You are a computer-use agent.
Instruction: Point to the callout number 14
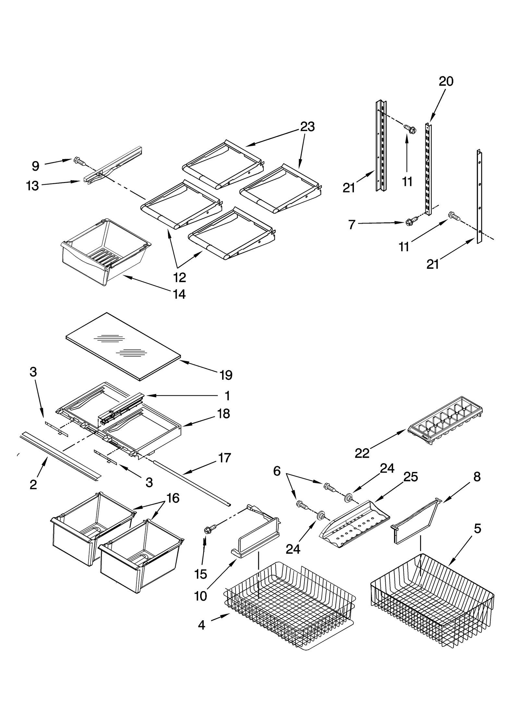(x=179, y=294)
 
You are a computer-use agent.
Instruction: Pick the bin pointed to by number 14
(x=105, y=252)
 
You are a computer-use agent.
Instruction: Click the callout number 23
(x=307, y=127)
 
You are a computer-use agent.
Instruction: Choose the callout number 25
(x=410, y=477)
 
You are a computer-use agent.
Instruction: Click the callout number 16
(x=173, y=498)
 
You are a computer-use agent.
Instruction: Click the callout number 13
(x=32, y=186)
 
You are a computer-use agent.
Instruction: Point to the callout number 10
(x=201, y=596)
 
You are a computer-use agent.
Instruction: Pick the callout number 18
(x=223, y=414)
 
